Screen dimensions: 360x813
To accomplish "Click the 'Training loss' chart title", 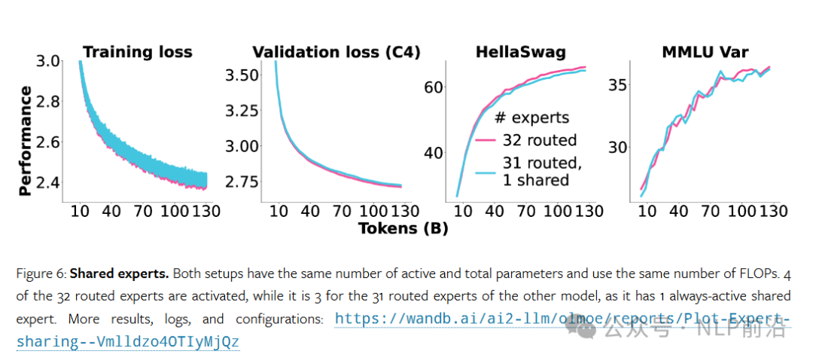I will tap(138, 52).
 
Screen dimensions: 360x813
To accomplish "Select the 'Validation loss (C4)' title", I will tap(336, 52).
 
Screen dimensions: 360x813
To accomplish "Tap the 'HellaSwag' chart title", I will tap(520, 52).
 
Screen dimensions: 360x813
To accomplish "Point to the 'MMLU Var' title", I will tap(705, 52).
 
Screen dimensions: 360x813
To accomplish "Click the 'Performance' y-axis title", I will tap(25, 141).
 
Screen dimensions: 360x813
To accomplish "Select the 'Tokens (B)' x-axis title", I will tap(403, 228).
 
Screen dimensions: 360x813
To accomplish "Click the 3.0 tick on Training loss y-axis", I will tap(49, 61).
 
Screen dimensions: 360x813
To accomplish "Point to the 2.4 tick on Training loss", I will tap(49, 183).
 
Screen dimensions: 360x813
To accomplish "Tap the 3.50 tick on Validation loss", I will tap(243, 75).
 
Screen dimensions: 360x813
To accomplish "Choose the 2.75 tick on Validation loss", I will tap(243, 182).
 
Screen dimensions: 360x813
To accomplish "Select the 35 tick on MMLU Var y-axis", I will tap(618, 84).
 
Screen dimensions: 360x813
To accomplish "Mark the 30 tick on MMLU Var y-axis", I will tap(618, 147).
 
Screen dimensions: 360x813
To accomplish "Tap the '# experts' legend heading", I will tap(531, 117).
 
